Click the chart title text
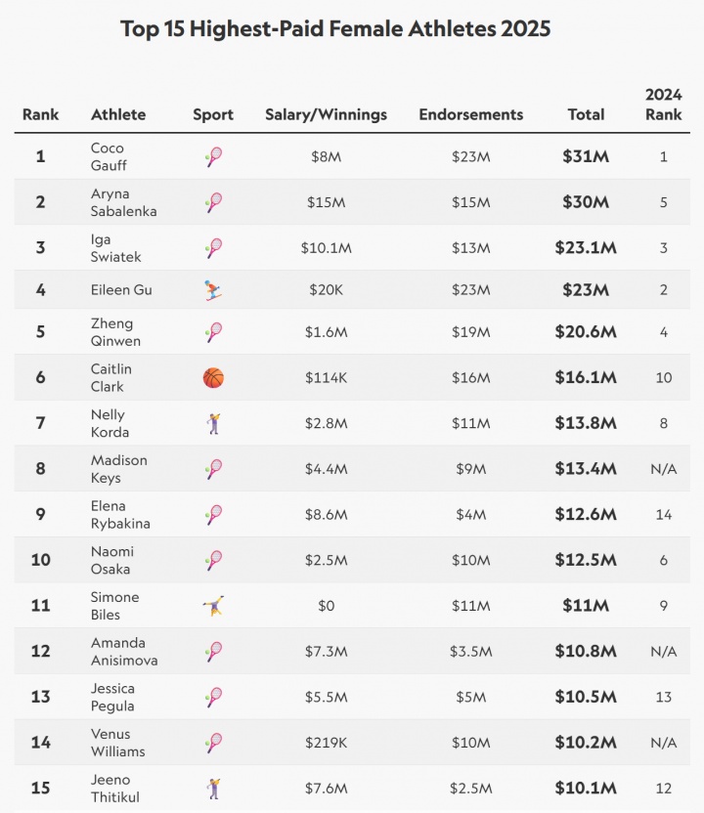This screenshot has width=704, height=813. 335,29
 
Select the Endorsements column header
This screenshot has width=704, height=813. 470,114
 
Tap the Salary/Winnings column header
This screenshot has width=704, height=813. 326,114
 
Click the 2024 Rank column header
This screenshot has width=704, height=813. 663,105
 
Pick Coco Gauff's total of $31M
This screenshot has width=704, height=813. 586,156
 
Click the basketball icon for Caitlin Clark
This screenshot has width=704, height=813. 213,377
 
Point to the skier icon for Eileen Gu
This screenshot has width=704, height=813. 213,290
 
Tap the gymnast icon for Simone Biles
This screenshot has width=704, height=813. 213,606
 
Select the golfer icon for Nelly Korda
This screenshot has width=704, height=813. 213,423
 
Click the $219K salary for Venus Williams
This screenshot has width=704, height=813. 326,743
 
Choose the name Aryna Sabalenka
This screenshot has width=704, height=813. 123,202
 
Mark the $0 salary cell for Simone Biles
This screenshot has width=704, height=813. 326,606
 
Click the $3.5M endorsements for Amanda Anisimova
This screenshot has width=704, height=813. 470,651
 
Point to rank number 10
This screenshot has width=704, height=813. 40,560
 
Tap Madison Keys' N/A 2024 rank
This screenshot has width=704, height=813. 663,469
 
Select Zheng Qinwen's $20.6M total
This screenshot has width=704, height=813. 586,332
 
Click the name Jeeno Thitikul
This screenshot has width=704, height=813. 115,788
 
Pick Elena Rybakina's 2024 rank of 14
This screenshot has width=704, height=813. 663,515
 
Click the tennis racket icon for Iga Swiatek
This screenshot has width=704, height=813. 213,247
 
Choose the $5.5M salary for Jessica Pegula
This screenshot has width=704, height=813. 326,697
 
